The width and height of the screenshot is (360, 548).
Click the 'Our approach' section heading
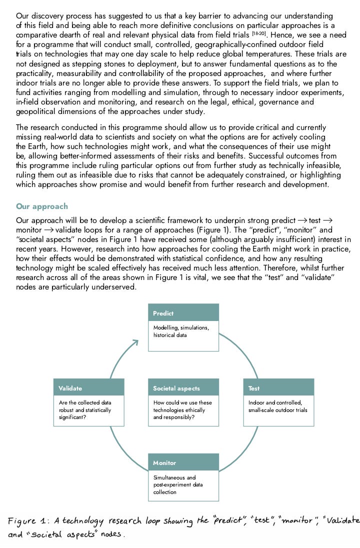42,206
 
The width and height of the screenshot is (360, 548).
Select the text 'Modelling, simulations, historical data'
181,331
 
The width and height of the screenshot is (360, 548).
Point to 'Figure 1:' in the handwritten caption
27,520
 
